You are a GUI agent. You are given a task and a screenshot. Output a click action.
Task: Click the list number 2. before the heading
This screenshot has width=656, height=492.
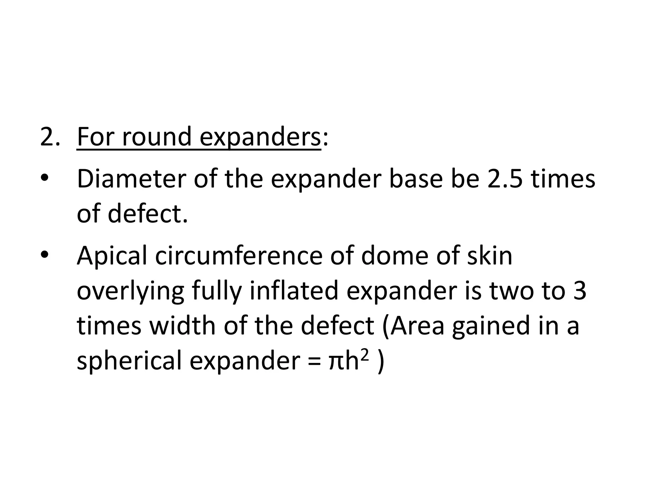pos(50,137)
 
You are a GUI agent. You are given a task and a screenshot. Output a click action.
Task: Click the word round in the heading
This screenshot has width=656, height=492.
pos(157,137)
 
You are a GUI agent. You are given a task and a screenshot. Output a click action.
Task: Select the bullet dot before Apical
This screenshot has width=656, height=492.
pos(45,254)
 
